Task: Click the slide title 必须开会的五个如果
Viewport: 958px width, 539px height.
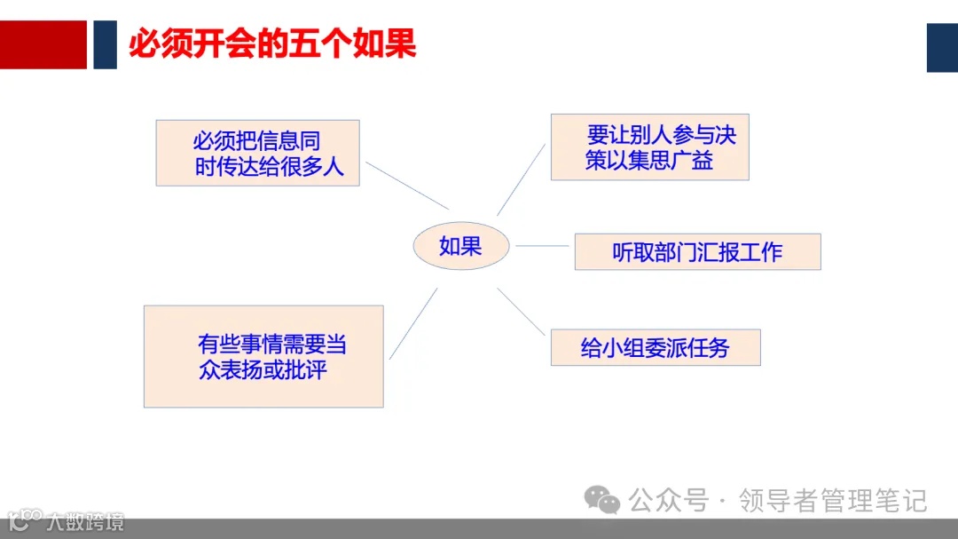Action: (272, 44)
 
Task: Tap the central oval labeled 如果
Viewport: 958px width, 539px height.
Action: (460, 246)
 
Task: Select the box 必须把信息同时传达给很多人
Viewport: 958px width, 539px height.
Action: (257, 153)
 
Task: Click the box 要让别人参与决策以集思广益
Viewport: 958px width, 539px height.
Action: (649, 147)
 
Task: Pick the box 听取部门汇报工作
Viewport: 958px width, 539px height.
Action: (697, 252)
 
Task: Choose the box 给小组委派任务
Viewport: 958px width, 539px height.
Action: (655, 347)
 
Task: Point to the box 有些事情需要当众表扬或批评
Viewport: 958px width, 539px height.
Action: (263, 356)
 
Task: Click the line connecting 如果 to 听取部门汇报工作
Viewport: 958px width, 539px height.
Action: (541, 246)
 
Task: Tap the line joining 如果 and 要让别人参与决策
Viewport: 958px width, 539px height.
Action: (521, 178)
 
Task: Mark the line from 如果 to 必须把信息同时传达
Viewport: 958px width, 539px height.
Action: (407, 185)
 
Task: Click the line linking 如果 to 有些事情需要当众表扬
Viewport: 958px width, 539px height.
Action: (413, 323)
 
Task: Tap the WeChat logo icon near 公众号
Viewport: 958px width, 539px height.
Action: (603, 501)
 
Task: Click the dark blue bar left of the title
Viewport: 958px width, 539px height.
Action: (105, 44)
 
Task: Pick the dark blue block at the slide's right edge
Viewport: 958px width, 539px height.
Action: (942, 47)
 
